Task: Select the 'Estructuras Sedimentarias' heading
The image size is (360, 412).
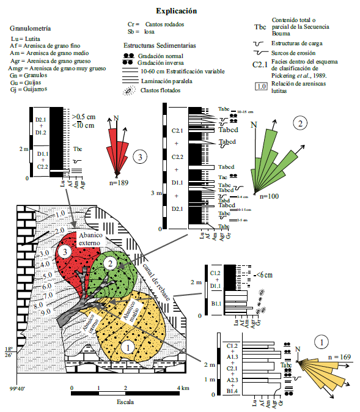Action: click(160, 45)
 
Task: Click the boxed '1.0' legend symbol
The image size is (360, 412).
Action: click(260, 87)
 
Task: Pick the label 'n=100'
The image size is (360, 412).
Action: click(269, 196)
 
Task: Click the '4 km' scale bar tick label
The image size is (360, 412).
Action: click(183, 388)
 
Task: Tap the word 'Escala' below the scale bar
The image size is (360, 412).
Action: click(125, 403)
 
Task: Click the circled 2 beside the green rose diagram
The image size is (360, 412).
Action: click(299, 123)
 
